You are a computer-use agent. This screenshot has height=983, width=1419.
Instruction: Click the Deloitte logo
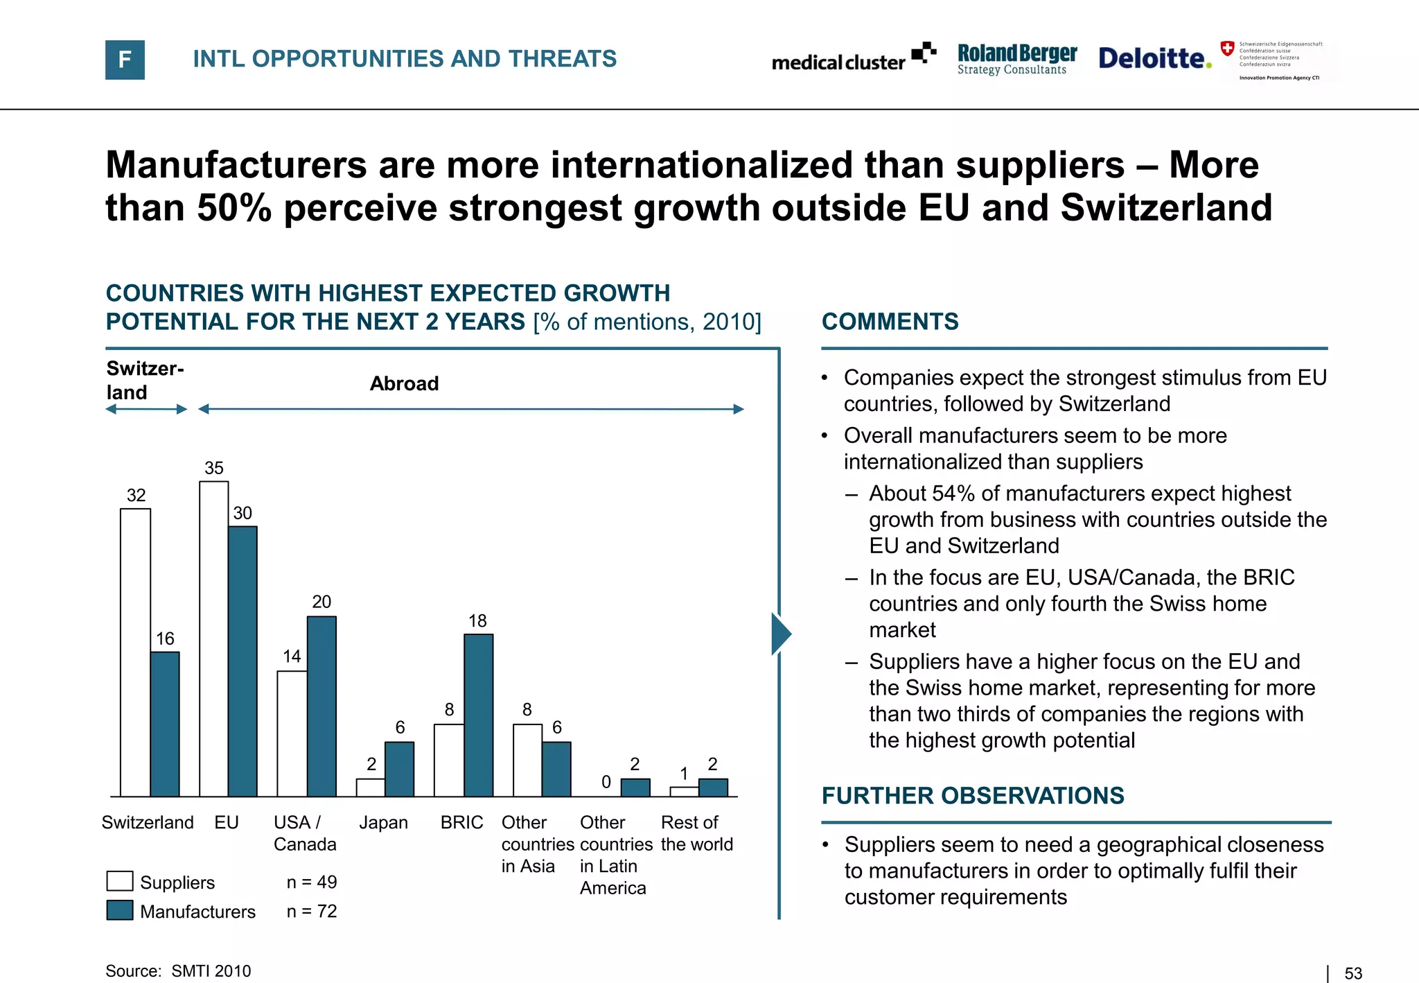point(1154,58)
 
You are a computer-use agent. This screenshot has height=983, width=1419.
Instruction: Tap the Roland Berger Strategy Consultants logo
point(1016,59)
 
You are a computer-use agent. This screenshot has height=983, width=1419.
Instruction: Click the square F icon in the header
point(125,60)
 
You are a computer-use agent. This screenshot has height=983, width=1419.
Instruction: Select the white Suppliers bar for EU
point(213,638)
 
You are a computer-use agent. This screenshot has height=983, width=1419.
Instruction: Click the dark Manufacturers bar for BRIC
point(478,714)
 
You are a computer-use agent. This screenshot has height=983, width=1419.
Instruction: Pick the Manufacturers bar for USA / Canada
point(321,706)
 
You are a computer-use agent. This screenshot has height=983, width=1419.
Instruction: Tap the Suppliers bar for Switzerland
point(135,652)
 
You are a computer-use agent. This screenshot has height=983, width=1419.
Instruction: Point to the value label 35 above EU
point(213,468)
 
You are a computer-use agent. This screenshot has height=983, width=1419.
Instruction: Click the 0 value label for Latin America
point(606,782)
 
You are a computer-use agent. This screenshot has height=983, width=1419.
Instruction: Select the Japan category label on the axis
point(383,823)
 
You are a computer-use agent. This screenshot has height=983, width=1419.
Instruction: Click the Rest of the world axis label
point(696,833)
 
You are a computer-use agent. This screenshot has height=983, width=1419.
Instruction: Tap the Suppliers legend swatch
point(120,881)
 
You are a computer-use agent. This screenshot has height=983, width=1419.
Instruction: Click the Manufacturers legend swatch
point(120,910)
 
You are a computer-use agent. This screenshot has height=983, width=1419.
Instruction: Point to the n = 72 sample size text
point(312,911)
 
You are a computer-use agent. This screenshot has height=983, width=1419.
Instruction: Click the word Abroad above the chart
point(404,383)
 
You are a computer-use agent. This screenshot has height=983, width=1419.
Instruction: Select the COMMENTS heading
point(890,322)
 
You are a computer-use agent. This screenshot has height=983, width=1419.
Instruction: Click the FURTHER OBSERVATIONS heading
point(972,796)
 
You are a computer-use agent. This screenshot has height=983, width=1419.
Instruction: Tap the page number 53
point(1352,973)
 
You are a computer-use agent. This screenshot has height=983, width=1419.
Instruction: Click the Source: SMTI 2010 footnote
point(178,971)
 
